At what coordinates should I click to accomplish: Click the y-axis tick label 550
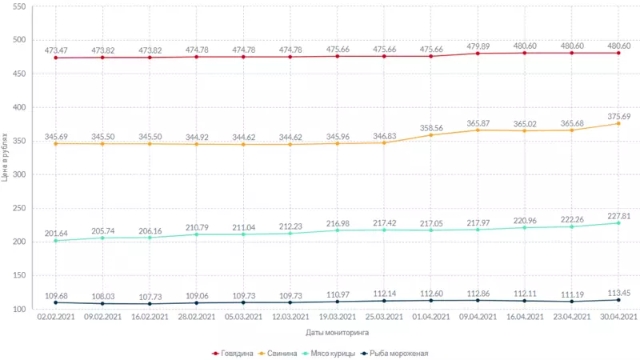tap(18, 6)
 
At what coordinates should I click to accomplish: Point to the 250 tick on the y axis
tap(18, 208)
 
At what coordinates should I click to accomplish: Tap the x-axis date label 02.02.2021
tap(56, 317)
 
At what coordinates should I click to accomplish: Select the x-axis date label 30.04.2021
tap(618, 317)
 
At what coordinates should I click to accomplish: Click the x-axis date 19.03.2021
tap(337, 317)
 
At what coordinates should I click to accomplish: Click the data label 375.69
tap(618, 115)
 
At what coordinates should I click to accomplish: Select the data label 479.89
tap(478, 46)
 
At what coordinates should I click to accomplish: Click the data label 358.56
tap(431, 127)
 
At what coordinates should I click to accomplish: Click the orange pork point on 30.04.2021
tap(618, 124)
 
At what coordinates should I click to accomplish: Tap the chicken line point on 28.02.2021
tap(197, 234)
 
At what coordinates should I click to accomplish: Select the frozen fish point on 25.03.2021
tap(384, 301)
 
